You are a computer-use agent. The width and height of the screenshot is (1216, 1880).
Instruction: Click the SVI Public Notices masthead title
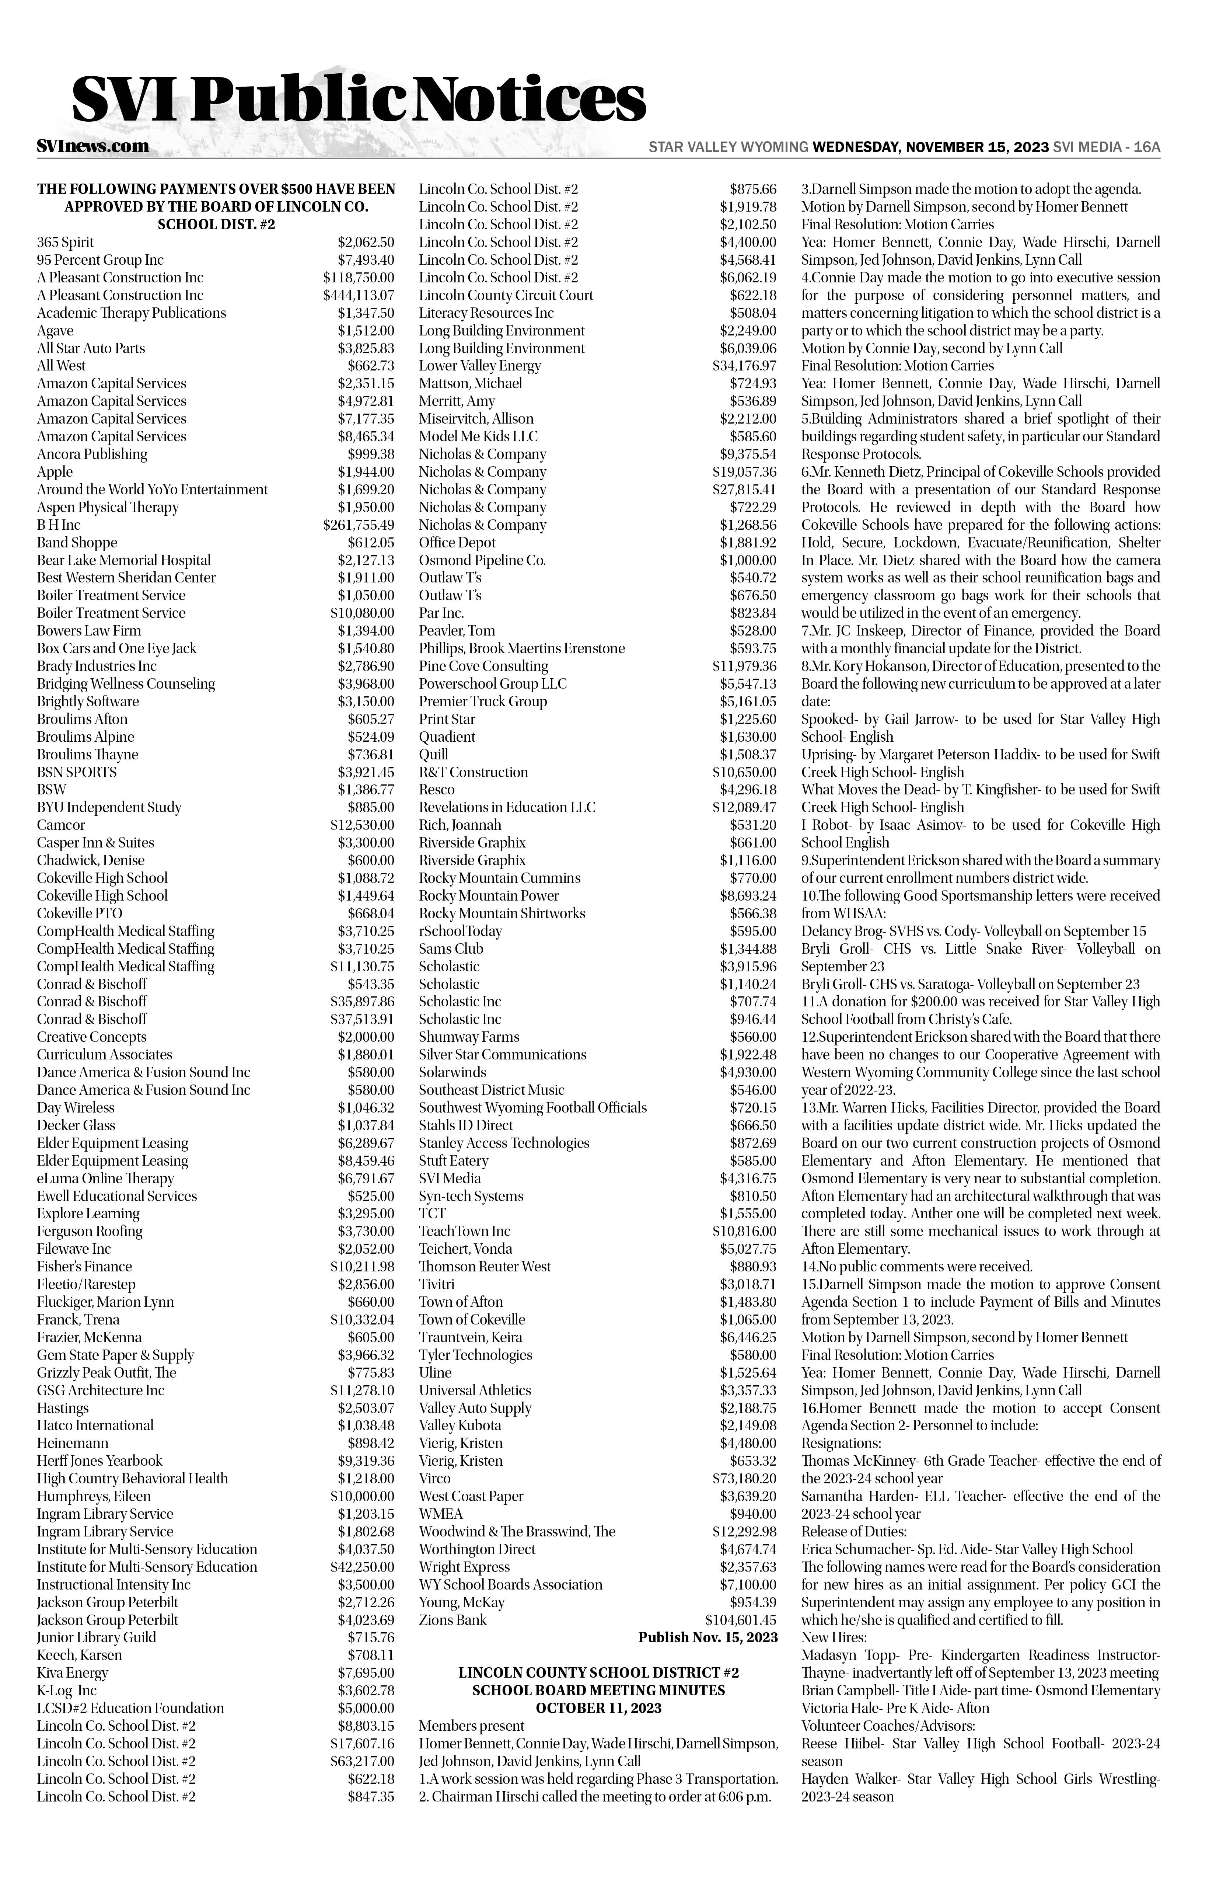[x=359, y=100]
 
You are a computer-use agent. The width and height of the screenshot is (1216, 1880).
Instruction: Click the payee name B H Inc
[x=59, y=525]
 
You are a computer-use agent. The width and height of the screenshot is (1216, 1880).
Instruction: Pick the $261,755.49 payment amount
[x=358, y=525]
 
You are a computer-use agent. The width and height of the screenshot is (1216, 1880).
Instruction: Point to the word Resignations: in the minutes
[x=835, y=1443]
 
